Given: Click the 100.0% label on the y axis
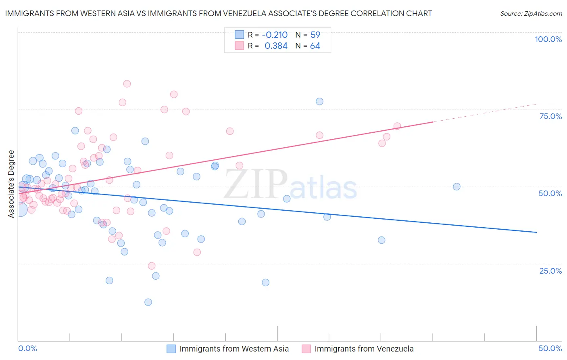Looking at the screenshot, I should pyautogui.click(x=548, y=39).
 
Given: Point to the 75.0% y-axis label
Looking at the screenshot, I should pyautogui.click(x=550, y=116).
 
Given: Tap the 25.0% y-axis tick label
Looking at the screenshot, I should pyautogui.click(x=550, y=270).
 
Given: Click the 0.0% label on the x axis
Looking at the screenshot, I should pyautogui.click(x=28, y=348).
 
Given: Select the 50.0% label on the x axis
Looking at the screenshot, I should pyautogui.click(x=550, y=348).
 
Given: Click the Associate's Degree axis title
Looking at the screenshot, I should pyautogui.click(x=11, y=184).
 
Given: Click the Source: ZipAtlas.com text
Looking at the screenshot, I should pyautogui.click(x=531, y=14).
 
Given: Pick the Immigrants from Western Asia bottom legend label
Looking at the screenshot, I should pyautogui.click(x=234, y=349).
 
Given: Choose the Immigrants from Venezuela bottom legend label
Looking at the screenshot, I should pyautogui.click(x=364, y=349).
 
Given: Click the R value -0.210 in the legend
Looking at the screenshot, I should pyautogui.click(x=275, y=35).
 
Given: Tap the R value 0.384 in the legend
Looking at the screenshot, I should pyautogui.click(x=276, y=46).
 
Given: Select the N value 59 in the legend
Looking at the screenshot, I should pyautogui.click(x=315, y=35).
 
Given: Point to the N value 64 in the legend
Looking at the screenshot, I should pyautogui.click(x=315, y=46).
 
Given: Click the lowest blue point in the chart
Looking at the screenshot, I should pyautogui.click(x=148, y=302).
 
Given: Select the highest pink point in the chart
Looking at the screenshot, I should pyautogui.click(x=127, y=84).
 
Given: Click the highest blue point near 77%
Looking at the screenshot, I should pyautogui.click(x=319, y=101).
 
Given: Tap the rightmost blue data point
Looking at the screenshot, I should pyautogui.click(x=457, y=186).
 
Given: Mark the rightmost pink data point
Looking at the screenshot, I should pyautogui.click(x=397, y=126).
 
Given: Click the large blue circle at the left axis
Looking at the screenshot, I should pyautogui.click(x=20, y=209).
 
